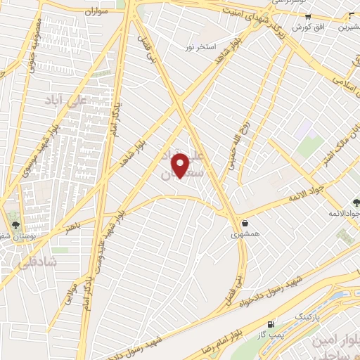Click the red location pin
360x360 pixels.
point(181,166)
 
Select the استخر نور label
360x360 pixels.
point(199,46)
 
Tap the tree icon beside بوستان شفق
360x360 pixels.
point(15,225)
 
